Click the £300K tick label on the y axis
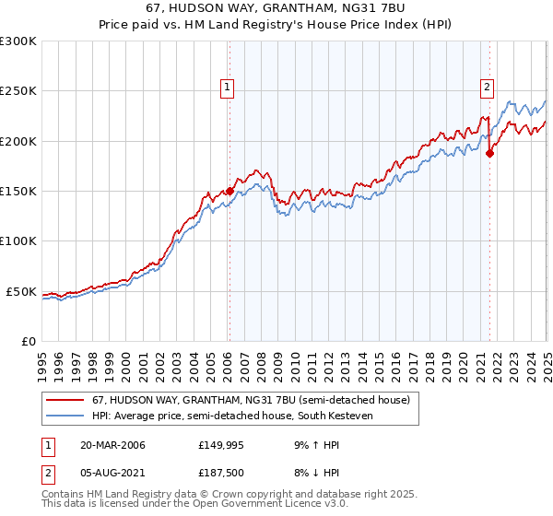click(18, 41)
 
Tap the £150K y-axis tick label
click(18, 192)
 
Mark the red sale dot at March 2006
click(229, 191)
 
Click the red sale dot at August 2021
click(489, 154)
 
